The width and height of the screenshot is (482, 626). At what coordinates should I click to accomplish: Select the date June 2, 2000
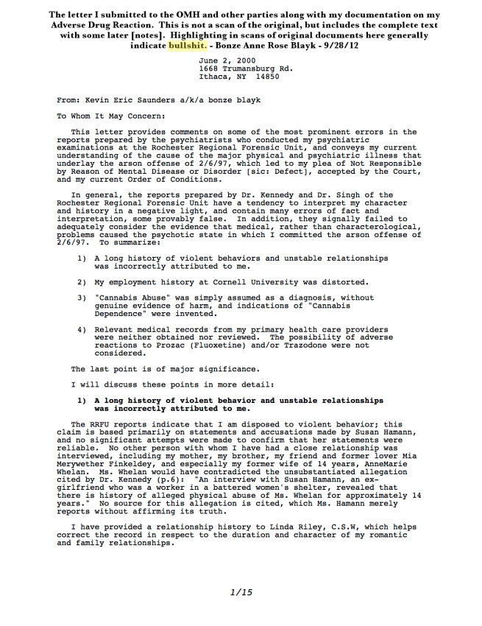tap(226, 60)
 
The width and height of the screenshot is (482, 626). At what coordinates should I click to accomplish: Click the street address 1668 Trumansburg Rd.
tap(246, 68)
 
